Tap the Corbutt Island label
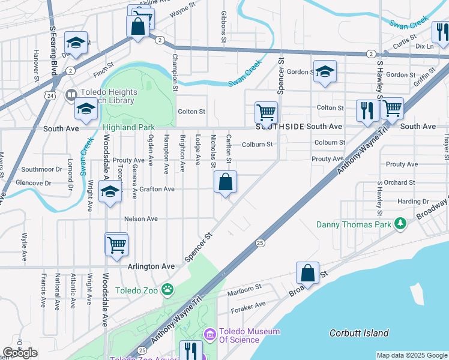359,333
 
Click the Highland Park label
129,127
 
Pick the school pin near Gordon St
325,72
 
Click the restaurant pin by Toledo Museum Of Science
191,350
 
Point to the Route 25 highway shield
260,242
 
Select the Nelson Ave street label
141,219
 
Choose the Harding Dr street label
412,202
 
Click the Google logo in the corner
20,353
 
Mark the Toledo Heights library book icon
71,94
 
